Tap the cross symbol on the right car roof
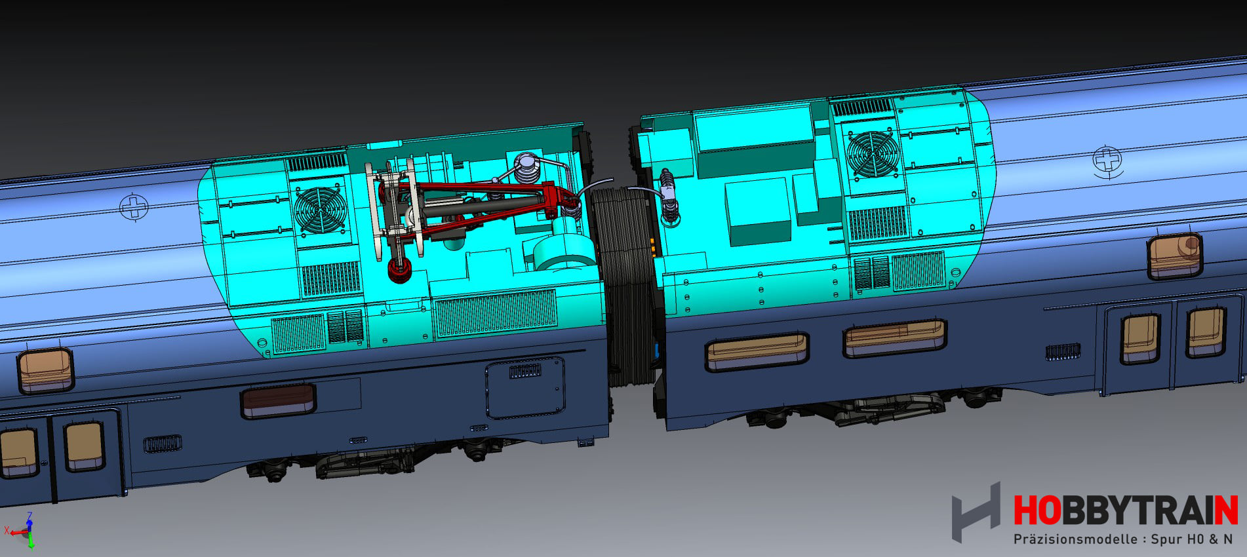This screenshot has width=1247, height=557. coord(1107,159)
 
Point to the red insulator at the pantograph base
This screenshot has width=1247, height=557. coord(399,269)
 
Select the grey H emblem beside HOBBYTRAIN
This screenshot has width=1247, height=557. coord(976,512)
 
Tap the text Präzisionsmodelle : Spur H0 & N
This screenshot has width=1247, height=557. coord(1122,539)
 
